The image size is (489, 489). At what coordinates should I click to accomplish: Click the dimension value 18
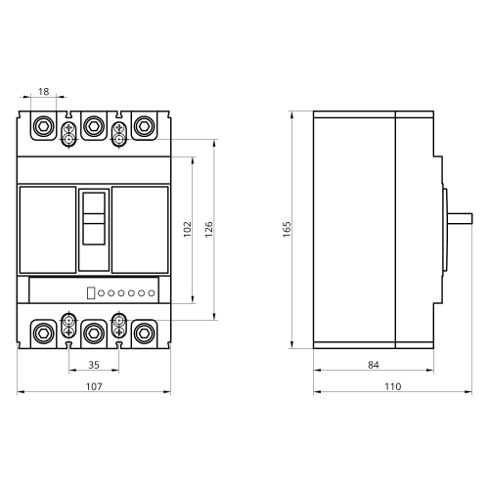(44, 92)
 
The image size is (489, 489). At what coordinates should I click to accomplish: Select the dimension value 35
(94, 365)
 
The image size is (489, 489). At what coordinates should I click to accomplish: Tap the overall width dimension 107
(94, 386)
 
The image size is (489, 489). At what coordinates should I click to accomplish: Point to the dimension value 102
(188, 229)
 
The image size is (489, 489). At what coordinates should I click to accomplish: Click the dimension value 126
(209, 229)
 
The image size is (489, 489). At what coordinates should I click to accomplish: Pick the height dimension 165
(287, 229)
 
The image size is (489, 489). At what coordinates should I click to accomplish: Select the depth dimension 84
(374, 365)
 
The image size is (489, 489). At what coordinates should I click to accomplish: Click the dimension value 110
(392, 386)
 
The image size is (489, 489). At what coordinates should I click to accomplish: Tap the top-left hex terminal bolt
(43, 126)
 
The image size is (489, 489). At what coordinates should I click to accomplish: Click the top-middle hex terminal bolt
(94, 126)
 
